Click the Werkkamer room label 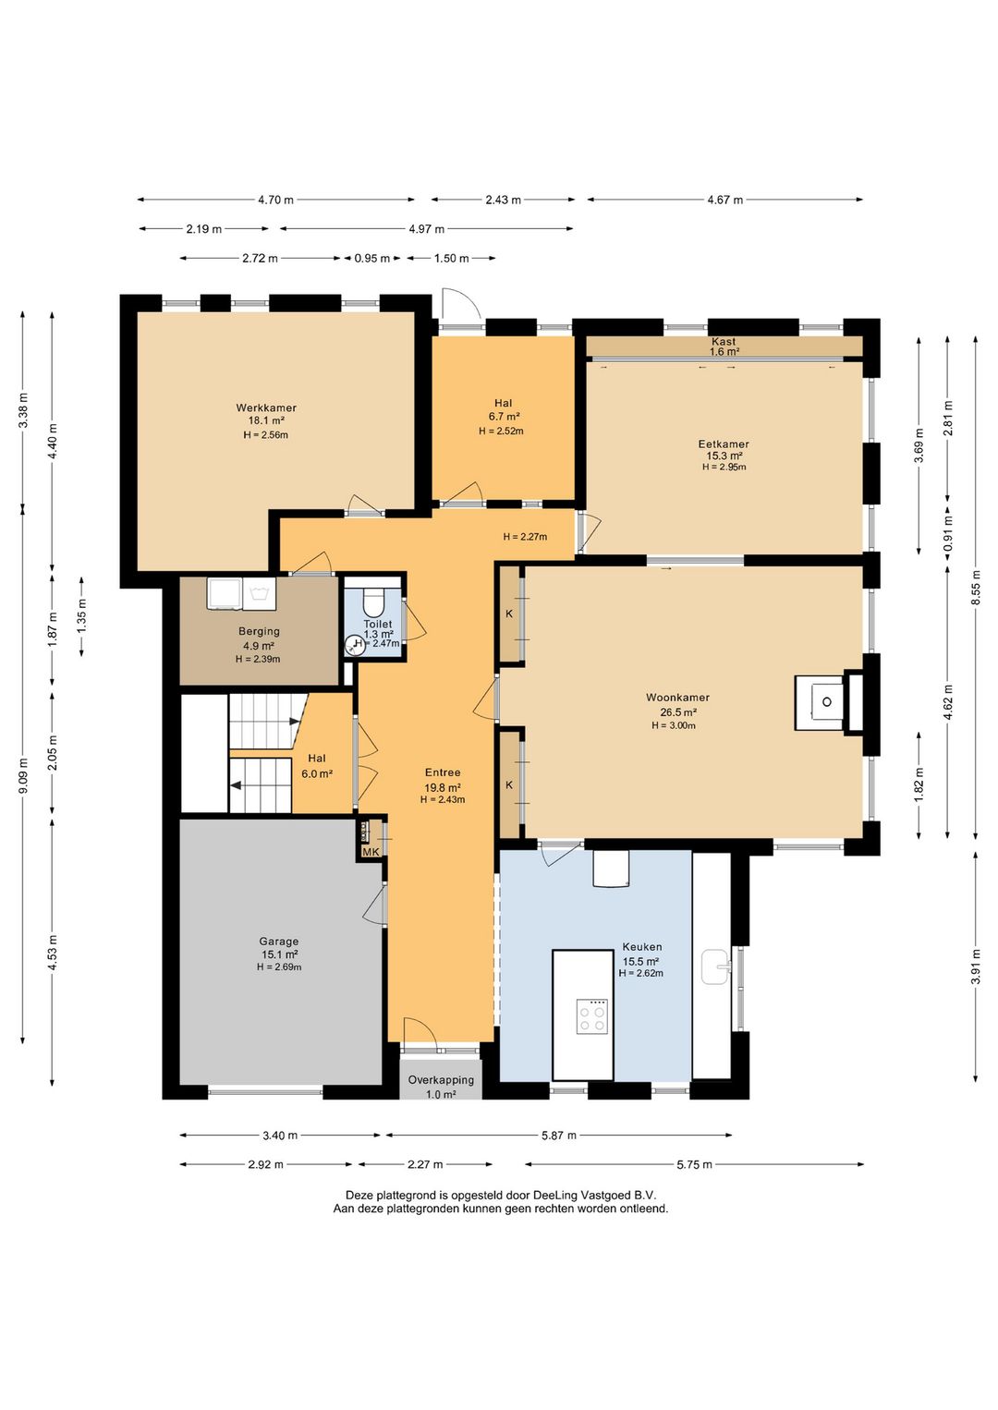266,407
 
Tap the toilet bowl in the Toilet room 374,602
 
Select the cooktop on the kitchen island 592,1016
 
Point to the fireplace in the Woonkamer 829,702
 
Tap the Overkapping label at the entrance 441,1079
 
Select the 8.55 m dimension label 976,588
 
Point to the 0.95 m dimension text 372,258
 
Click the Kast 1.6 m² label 724,346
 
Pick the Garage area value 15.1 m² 278,954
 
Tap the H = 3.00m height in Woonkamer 673,725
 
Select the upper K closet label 509,614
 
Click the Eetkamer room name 724,444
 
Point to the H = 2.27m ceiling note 525,537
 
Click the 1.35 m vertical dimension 82,617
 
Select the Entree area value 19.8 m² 443,787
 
